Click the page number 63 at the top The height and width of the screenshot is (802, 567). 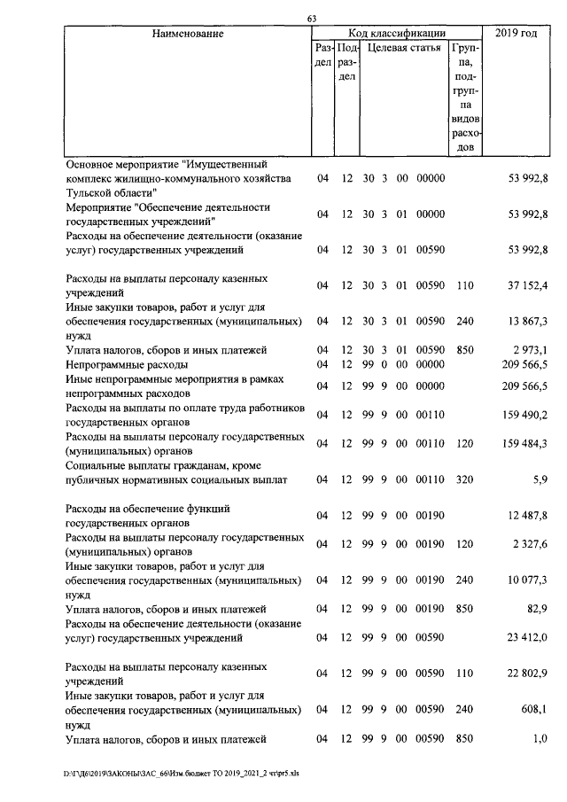(311, 19)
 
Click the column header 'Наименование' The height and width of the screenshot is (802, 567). (187, 34)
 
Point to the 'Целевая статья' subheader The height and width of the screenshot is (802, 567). (403, 48)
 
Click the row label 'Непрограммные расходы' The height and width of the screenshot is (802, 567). (127, 364)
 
